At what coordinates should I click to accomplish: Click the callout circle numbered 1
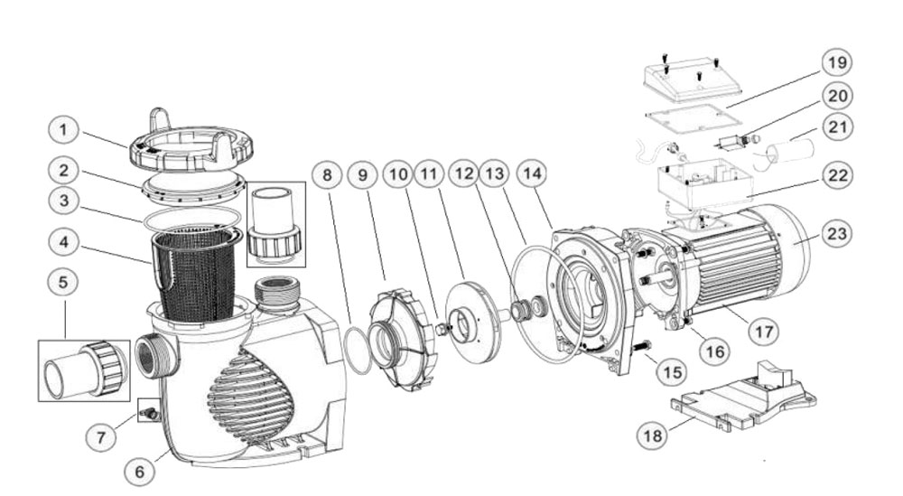pyautogui.click(x=63, y=130)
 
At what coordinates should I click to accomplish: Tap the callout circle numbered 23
pyautogui.click(x=837, y=234)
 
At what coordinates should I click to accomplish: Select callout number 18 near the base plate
pyautogui.click(x=653, y=435)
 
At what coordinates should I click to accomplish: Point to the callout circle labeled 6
pyautogui.click(x=140, y=472)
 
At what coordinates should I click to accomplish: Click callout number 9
pyautogui.click(x=362, y=174)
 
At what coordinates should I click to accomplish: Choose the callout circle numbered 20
pyautogui.click(x=837, y=96)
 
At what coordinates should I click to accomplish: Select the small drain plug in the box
pyautogui.click(x=148, y=413)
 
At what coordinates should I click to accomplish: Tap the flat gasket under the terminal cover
pyautogui.click(x=694, y=120)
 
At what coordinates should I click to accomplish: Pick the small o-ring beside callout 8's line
pyautogui.click(x=358, y=351)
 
